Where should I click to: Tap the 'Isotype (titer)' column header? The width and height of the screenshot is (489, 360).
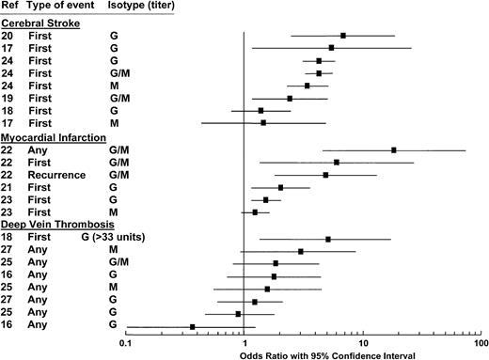tap(142, 8)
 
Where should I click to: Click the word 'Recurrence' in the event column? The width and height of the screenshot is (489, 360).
tap(61, 174)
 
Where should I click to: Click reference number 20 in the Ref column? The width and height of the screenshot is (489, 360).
tap(10, 35)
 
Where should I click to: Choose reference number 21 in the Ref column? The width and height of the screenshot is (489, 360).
tap(10, 187)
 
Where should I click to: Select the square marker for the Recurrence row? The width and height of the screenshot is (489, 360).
tap(325, 175)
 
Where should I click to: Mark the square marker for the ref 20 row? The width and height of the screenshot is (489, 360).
tap(343, 36)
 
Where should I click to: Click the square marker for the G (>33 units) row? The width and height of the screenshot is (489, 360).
tap(327, 239)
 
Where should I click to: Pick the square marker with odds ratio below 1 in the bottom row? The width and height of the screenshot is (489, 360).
tap(193, 326)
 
